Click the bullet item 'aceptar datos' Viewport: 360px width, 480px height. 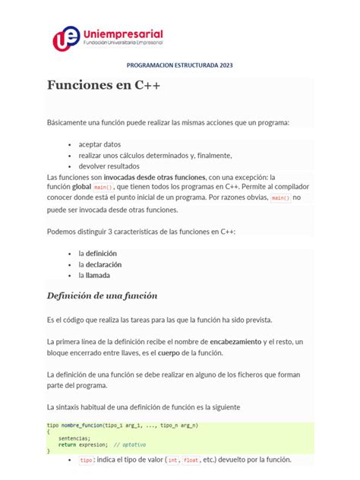(x=99, y=144)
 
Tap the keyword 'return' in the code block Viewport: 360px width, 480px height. (x=67, y=444)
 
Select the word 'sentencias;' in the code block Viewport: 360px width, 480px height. (x=74, y=438)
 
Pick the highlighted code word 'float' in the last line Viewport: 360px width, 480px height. (x=191, y=460)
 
